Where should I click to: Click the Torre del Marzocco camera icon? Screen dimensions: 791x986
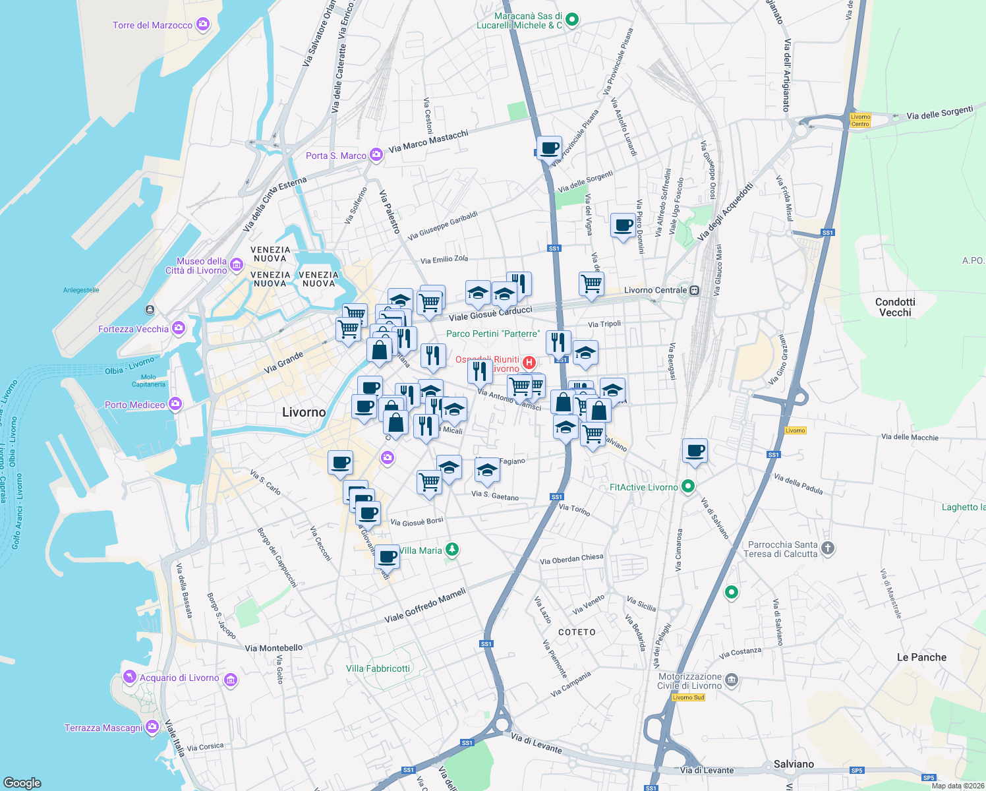tap(203, 25)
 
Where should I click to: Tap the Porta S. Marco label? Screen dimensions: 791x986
tap(336, 156)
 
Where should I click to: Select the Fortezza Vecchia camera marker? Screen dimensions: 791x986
tap(178, 328)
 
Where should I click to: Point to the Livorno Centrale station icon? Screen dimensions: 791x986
tap(694, 290)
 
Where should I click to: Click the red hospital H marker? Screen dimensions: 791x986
tap(529, 363)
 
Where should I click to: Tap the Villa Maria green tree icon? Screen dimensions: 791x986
tap(451, 549)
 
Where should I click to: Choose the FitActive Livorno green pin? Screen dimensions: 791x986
tap(688, 486)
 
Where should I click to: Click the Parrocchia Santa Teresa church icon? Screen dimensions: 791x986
tap(828, 548)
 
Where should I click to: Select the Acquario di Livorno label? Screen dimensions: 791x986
tap(179, 678)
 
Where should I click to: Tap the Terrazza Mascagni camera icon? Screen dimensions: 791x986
tap(152, 727)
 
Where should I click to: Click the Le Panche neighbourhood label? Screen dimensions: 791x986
tap(921, 657)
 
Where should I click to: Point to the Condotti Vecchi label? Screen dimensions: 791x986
tap(895, 307)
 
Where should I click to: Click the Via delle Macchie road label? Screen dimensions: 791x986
tap(910, 437)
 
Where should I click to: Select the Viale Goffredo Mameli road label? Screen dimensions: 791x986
tap(425, 606)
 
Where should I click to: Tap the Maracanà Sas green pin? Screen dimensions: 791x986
tap(572, 20)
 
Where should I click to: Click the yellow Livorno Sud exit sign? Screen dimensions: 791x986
tap(688, 697)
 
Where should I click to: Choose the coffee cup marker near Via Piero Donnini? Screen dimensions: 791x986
tap(623, 226)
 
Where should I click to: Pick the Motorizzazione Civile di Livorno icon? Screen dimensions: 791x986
tap(731, 680)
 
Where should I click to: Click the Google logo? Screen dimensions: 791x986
tap(22, 782)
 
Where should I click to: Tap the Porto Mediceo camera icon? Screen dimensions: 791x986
tap(175, 404)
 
